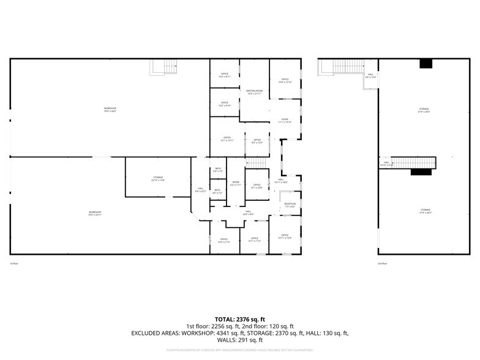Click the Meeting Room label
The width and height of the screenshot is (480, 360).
254,92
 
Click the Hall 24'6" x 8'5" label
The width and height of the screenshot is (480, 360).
248,212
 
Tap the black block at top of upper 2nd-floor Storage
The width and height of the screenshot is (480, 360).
426,63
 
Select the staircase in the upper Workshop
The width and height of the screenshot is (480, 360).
163,67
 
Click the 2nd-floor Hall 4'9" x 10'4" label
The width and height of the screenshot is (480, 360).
370,76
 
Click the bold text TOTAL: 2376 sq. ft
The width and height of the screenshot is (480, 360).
239,319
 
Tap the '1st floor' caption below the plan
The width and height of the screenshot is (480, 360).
13,263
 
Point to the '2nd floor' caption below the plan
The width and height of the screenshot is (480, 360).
382,263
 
